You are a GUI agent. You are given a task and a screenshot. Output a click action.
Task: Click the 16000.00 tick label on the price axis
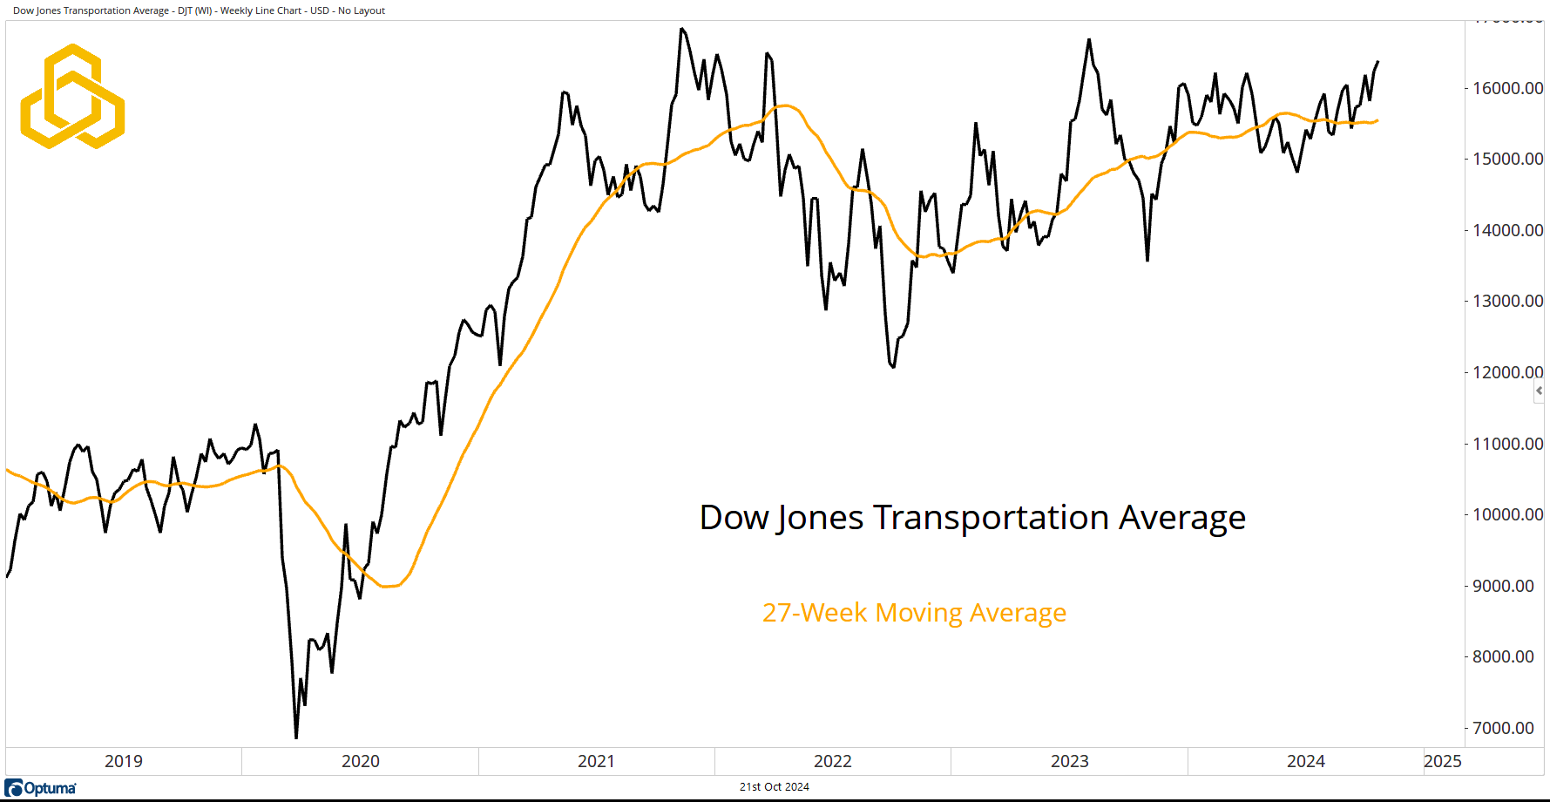(1507, 88)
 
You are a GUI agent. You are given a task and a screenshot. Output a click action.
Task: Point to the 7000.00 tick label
(1503, 728)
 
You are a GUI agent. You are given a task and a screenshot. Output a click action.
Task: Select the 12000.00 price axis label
(1507, 372)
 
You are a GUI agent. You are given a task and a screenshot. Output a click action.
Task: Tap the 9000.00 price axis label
(1503, 586)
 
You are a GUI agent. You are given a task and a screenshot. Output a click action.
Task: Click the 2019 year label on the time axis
(124, 761)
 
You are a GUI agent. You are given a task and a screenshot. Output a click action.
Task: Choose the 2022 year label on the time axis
(833, 761)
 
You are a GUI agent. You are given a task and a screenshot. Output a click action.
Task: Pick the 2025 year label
(1443, 761)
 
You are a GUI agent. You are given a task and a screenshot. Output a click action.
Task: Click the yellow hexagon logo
(72, 96)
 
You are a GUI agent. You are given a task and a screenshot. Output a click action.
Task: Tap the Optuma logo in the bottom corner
(41, 788)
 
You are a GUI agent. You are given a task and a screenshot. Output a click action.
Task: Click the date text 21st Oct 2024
(775, 787)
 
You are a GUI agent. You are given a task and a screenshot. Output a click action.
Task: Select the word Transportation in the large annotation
(992, 518)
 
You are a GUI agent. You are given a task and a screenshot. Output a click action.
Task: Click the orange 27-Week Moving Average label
(914, 613)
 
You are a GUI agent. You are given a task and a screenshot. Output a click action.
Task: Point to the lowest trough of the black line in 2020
(296, 737)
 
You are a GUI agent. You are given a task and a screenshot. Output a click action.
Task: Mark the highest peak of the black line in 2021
(682, 29)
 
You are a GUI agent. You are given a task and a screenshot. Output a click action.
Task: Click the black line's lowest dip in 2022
(894, 367)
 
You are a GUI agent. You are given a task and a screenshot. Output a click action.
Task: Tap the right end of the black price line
(1377, 62)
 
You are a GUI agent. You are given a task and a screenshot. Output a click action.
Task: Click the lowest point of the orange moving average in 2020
(387, 587)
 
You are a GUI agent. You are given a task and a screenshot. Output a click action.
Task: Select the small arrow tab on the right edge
(1540, 391)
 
